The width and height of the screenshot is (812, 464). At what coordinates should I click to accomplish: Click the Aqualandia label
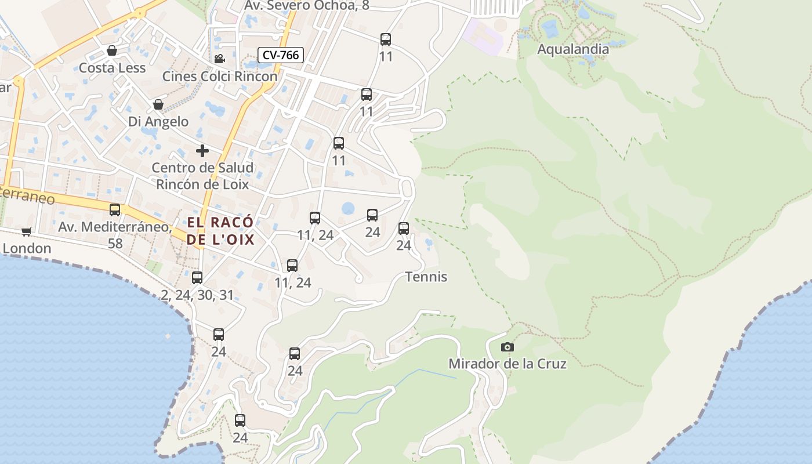tap(573, 49)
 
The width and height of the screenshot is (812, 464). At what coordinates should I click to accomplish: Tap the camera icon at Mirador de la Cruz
tap(507, 347)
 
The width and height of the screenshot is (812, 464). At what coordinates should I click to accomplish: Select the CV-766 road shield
tap(281, 55)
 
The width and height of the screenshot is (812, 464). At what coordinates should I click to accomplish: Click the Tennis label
tap(426, 277)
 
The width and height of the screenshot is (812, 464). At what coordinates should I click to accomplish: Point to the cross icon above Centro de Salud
tap(202, 151)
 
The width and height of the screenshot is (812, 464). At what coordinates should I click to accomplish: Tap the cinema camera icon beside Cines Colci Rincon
tap(219, 59)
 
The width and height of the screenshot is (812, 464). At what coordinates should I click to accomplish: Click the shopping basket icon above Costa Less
tap(112, 50)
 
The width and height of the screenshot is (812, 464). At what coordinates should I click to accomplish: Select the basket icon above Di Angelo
tap(158, 104)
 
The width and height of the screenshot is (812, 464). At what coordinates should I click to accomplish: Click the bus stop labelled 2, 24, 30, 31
tap(197, 277)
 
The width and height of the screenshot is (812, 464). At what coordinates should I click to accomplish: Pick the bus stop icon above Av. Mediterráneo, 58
tap(115, 209)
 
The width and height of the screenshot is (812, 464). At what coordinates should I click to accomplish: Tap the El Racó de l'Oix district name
tap(220, 230)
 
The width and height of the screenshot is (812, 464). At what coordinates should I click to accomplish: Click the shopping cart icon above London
tap(26, 232)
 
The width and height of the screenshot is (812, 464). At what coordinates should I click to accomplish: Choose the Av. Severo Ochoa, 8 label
tap(307, 5)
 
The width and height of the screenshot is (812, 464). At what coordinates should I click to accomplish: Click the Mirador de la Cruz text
tap(507, 364)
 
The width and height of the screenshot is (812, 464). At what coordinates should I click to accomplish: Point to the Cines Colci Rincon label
tap(220, 76)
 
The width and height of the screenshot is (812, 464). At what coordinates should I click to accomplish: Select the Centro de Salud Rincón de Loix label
tap(202, 176)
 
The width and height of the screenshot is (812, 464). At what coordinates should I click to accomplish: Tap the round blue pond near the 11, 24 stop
tap(348, 208)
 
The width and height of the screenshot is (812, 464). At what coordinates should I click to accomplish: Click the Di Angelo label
tap(158, 121)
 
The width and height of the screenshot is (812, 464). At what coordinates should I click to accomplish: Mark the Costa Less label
tap(112, 68)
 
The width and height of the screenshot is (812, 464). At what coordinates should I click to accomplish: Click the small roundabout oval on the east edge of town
tap(407, 188)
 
